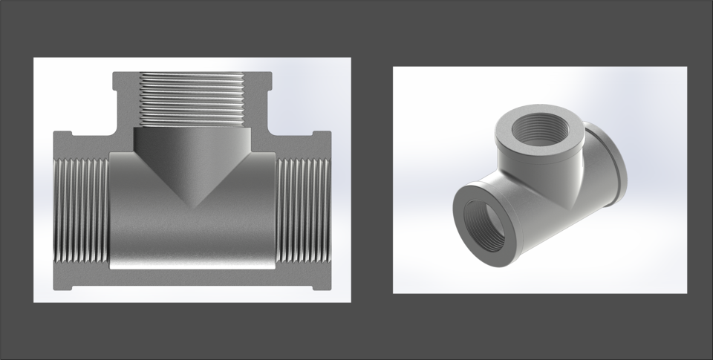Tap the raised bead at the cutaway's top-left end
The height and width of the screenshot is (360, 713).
coord(62,134)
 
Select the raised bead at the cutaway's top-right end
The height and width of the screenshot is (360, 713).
coord(322,134)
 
